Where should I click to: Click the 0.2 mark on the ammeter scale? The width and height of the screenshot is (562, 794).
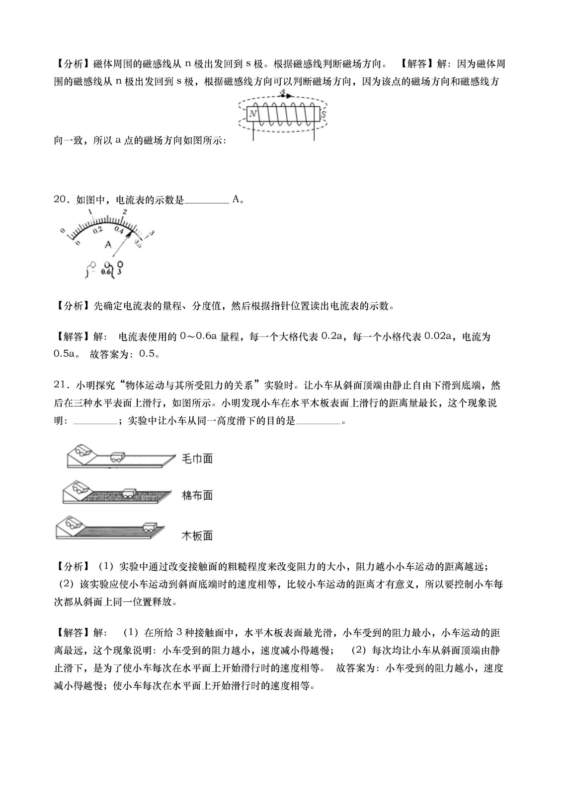(97, 230)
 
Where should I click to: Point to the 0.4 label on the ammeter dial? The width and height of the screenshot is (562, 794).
(119, 230)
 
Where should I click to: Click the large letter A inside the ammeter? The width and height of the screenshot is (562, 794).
(108, 245)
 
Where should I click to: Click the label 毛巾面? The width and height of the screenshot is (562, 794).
(197, 458)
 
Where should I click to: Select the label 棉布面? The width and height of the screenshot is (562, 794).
(197, 495)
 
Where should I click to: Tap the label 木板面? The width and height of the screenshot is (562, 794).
(197, 535)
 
